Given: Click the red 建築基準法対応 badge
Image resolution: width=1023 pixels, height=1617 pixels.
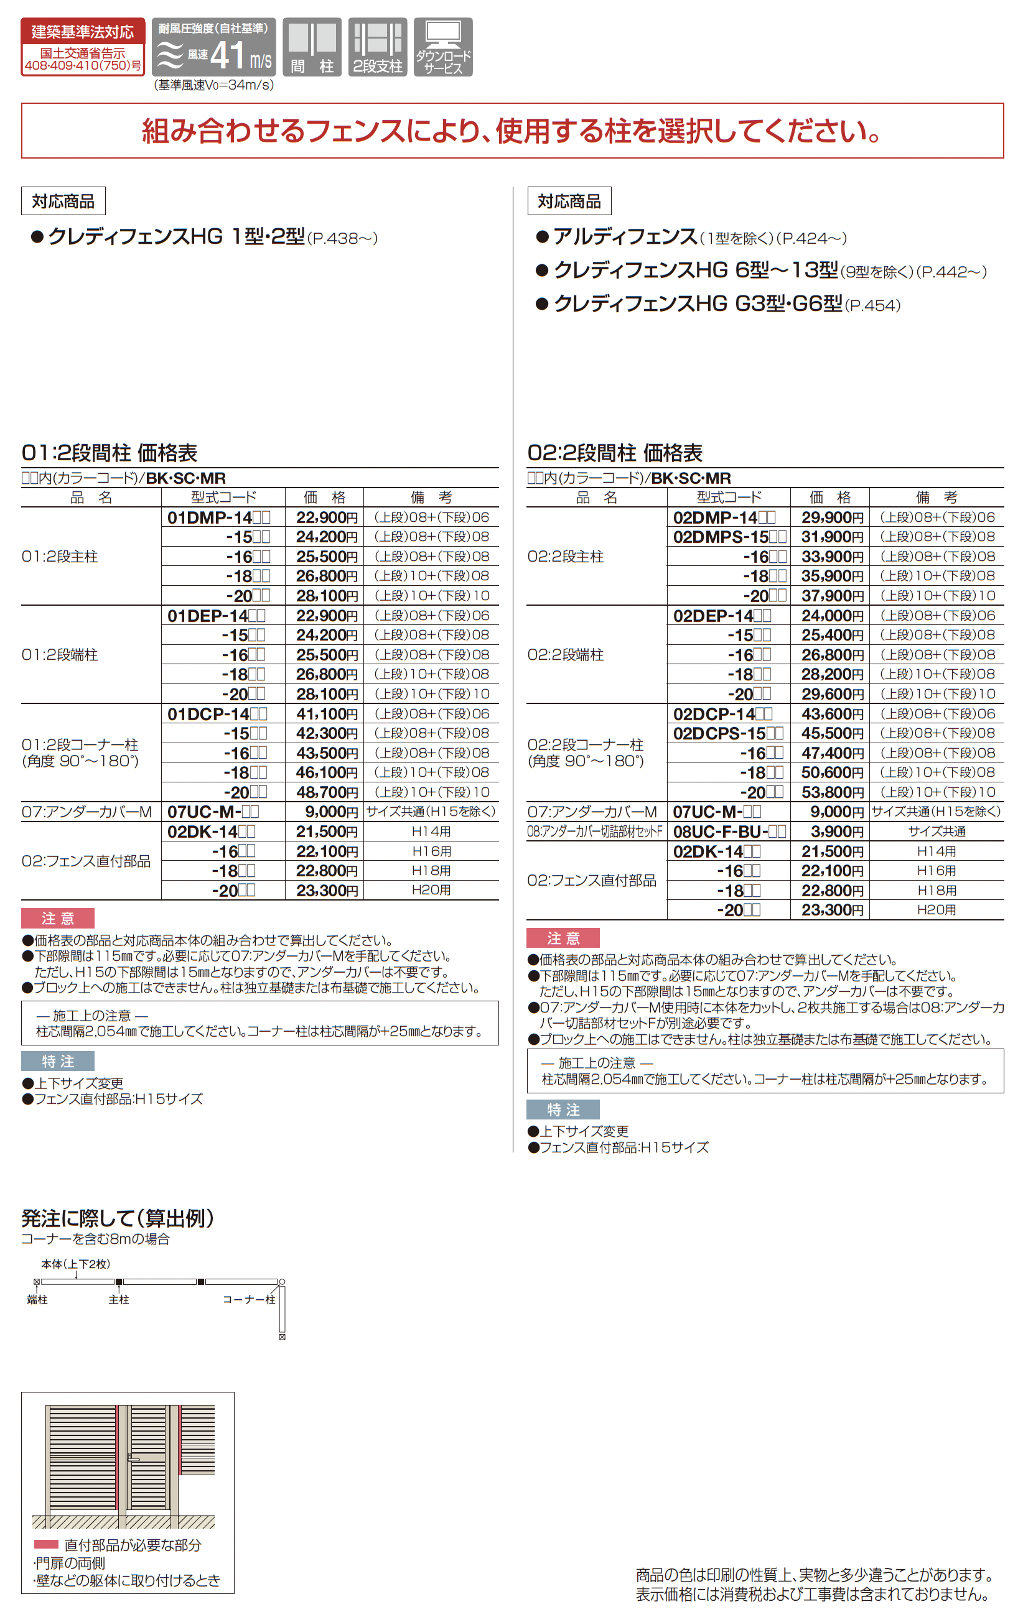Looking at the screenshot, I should tap(83, 47).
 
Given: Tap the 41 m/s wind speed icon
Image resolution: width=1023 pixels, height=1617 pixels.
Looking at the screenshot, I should tap(213, 47).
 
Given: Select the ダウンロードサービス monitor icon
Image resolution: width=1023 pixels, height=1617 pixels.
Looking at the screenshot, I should tap(442, 47).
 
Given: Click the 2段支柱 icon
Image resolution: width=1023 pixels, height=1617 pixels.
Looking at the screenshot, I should tap(378, 47).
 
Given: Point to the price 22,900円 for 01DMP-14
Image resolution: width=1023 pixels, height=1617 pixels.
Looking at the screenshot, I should tap(327, 517).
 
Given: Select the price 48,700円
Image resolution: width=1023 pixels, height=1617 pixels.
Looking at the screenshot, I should tap(327, 792).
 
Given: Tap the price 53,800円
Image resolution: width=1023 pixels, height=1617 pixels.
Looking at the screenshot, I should tap(831, 792).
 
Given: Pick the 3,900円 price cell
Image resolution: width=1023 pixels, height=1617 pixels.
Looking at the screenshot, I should tap(831, 832).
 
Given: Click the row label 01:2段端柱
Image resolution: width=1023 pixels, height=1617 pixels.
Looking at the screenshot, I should tap(60, 655).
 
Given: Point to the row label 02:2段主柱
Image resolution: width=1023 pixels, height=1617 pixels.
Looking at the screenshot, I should tap(566, 557).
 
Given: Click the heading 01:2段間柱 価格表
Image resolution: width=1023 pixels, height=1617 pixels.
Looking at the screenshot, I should tap(110, 453).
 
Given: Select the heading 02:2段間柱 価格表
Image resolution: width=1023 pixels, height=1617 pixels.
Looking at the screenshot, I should tap(615, 453).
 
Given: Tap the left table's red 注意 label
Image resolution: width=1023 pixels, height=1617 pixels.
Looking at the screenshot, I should tap(58, 918).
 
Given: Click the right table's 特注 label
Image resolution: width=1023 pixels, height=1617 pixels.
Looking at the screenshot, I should tap(563, 1110).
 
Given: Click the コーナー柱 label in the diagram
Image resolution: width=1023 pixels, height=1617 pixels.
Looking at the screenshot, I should tap(248, 1299).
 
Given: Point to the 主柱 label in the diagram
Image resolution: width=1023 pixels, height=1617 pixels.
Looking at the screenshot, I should tap(119, 1299).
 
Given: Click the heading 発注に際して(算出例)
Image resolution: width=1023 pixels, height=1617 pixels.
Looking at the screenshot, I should tap(118, 1218).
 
